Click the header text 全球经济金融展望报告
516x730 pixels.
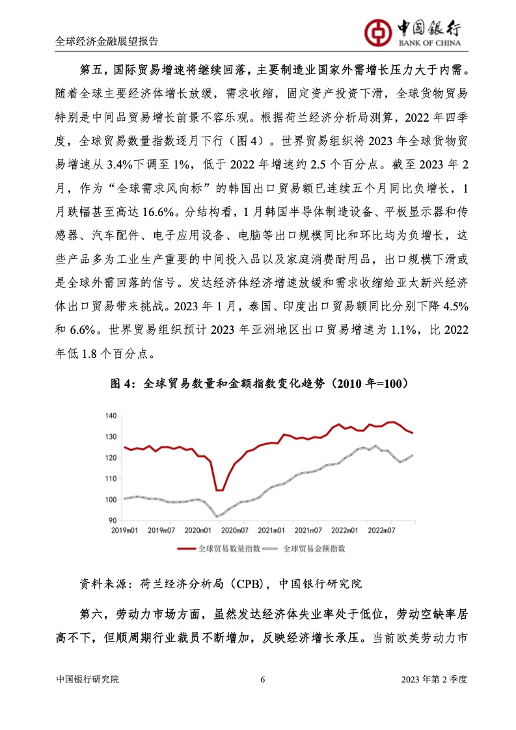(x=107, y=40)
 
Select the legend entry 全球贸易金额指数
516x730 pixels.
(x=314, y=548)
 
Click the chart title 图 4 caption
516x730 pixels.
(x=258, y=384)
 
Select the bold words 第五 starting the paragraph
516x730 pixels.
(x=92, y=70)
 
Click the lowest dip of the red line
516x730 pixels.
(x=219, y=490)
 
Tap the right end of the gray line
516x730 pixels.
(x=413, y=455)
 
